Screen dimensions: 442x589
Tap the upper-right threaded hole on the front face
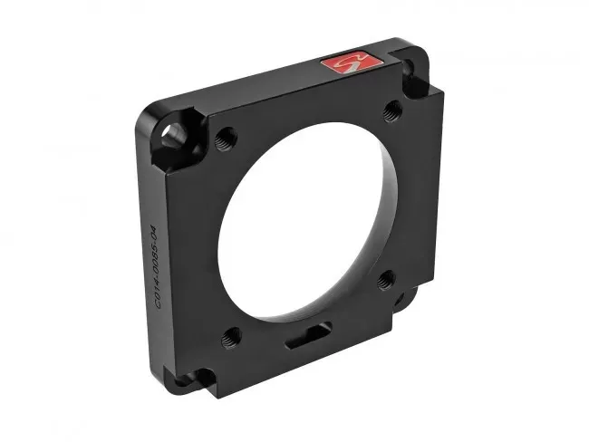(x=392, y=110)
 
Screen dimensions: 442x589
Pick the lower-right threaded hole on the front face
(x=384, y=280)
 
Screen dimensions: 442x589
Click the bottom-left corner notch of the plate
(x=206, y=375)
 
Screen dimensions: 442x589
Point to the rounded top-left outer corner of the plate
(x=145, y=122)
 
